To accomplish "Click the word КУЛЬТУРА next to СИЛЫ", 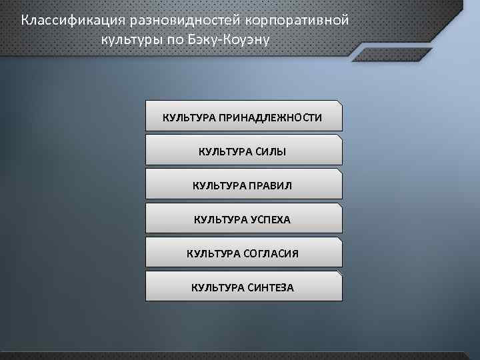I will click(x=225, y=152).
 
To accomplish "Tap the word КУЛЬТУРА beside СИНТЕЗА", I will click(x=217, y=288).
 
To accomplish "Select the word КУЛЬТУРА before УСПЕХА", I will click(x=220, y=219).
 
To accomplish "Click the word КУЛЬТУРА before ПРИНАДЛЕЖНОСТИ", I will click(x=189, y=118).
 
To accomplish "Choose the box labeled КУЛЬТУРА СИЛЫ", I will click(x=243, y=150).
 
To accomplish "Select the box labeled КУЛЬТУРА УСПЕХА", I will click(x=243, y=217).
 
